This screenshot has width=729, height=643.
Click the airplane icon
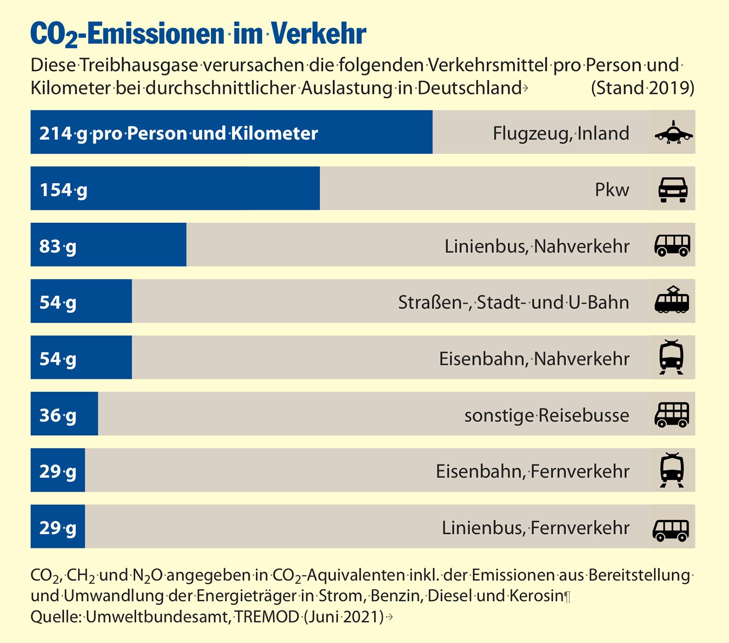[x=673, y=132]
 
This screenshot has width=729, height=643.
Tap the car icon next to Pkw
[x=673, y=189]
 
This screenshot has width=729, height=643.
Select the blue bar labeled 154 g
[x=175, y=189]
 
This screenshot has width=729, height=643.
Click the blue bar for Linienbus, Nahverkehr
[x=108, y=245]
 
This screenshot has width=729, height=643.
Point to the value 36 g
[x=58, y=415]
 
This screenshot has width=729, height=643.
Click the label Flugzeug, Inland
[x=561, y=133]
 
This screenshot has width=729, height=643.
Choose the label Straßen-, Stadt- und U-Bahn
[x=513, y=302]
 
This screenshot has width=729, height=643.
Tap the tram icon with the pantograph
[x=672, y=300]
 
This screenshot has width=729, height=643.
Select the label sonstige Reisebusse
[x=546, y=415]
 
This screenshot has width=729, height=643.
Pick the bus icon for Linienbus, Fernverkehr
[x=671, y=530]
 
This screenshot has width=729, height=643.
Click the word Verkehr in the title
[x=319, y=34]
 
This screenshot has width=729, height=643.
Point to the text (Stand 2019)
[x=642, y=88]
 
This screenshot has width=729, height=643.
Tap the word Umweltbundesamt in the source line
[x=158, y=616]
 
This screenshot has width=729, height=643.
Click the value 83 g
[x=58, y=246]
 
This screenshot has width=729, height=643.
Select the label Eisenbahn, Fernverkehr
[x=532, y=471]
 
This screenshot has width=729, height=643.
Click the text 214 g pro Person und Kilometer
[x=178, y=133]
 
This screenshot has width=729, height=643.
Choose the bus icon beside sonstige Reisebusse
[x=672, y=415]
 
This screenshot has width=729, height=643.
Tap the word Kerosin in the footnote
[x=536, y=596]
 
